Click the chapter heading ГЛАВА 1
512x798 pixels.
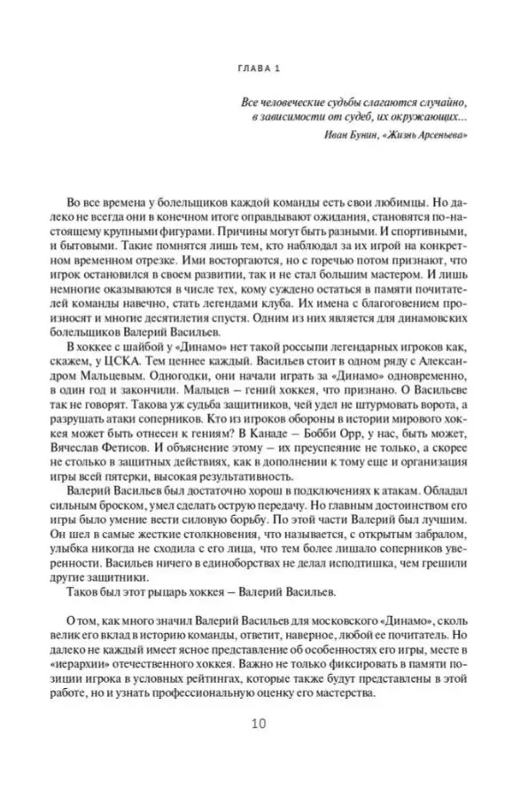click(256, 71)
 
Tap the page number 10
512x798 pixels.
click(256, 723)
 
